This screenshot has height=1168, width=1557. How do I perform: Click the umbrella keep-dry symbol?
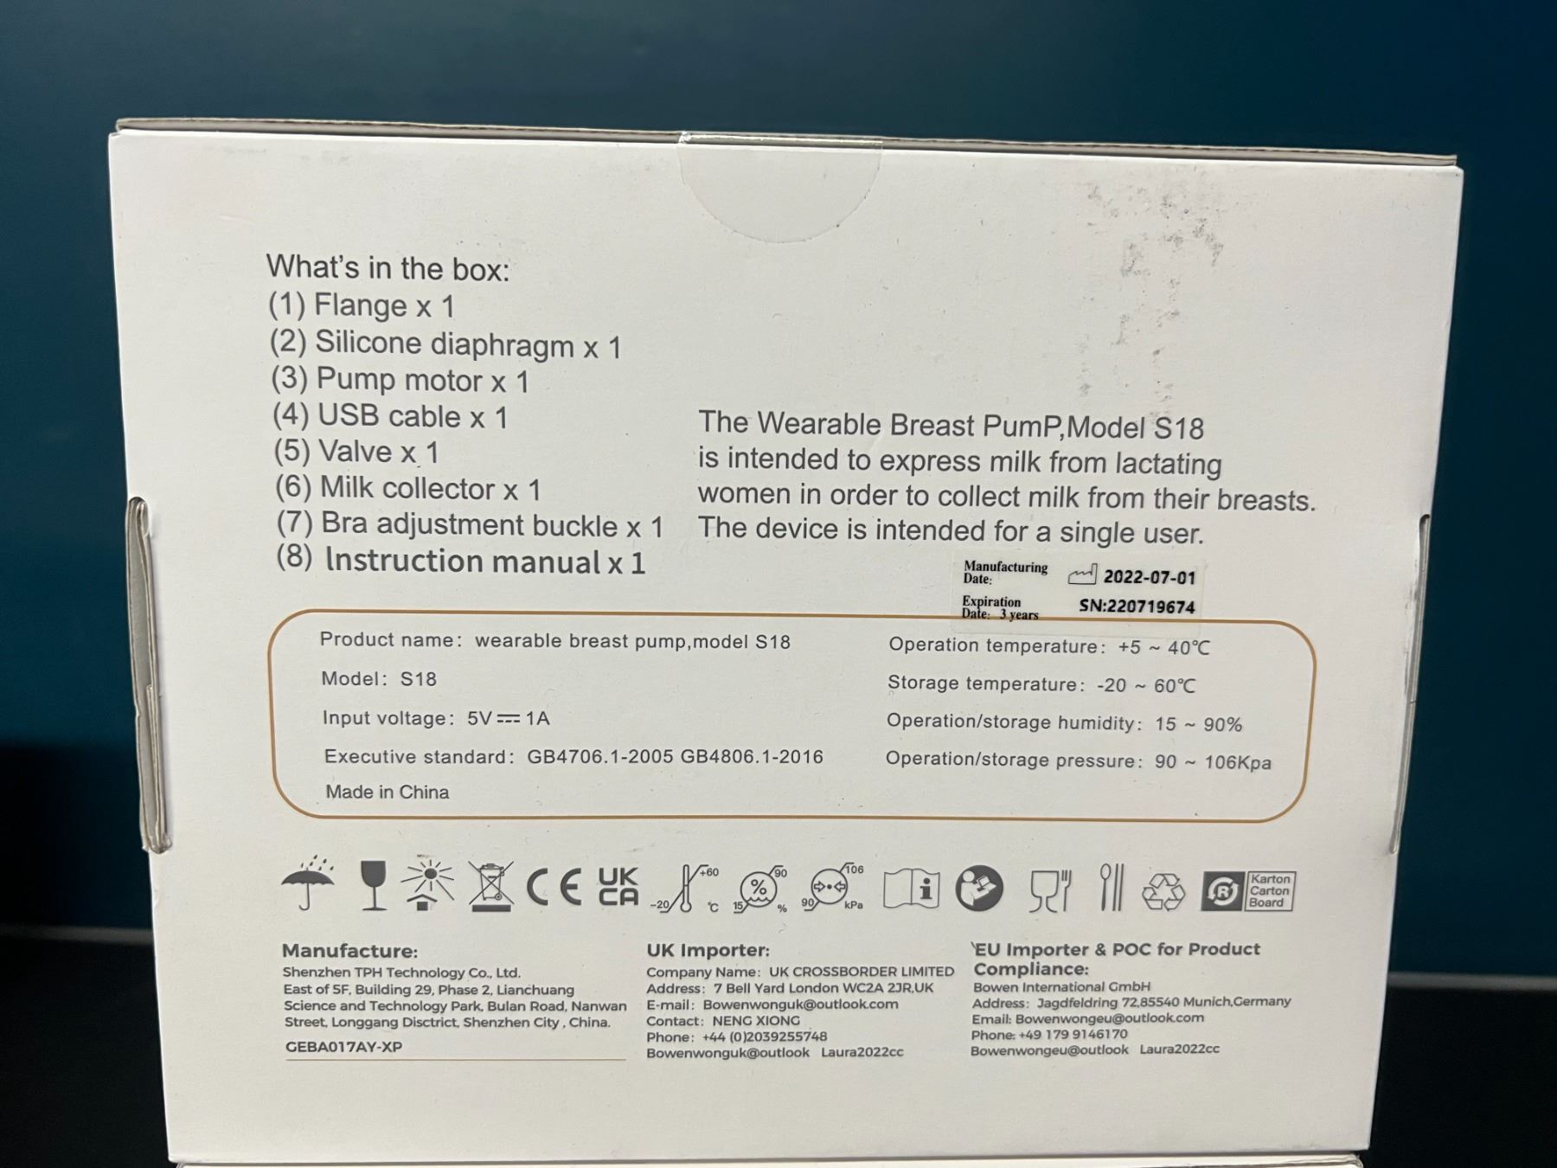pyautogui.click(x=308, y=883)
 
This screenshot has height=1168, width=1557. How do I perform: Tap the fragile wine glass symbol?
pyautogui.click(x=373, y=886)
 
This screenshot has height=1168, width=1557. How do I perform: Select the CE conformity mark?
pyautogui.click(x=554, y=889)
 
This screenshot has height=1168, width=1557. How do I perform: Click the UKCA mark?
pyautogui.click(x=618, y=887)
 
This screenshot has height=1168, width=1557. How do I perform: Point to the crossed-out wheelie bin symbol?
pyautogui.click(x=490, y=886)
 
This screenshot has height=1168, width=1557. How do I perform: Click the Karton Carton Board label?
pyautogui.click(x=1269, y=890)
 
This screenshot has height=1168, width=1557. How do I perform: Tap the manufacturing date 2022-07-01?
pyautogui.click(x=1149, y=577)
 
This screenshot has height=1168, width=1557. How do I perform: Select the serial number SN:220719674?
pyautogui.click(x=1137, y=606)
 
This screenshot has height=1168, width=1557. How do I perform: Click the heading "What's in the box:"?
pyautogui.click(x=388, y=267)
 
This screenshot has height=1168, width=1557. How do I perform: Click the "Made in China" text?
pyautogui.click(x=387, y=792)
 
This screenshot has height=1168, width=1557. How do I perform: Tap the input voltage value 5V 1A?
pyautogui.click(x=508, y=718)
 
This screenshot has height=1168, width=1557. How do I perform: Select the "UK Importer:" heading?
pyautogui.click(x=708, y=950)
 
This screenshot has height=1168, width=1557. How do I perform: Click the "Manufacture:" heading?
pyautogui.click(x=349, y=951)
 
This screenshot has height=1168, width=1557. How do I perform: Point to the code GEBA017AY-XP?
pyautogui.click(x=343, y=1047)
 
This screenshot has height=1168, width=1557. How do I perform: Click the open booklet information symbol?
pyautogui.click(x=911, y=889)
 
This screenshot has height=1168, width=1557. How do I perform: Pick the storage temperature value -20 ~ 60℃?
pyautogui.click(x=1145, y=685)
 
